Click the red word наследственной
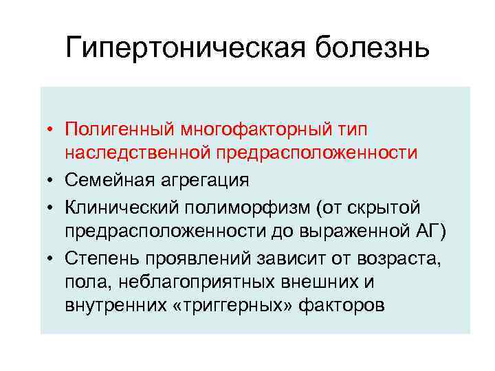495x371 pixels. [139, 153]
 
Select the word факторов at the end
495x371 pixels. [342, 306]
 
